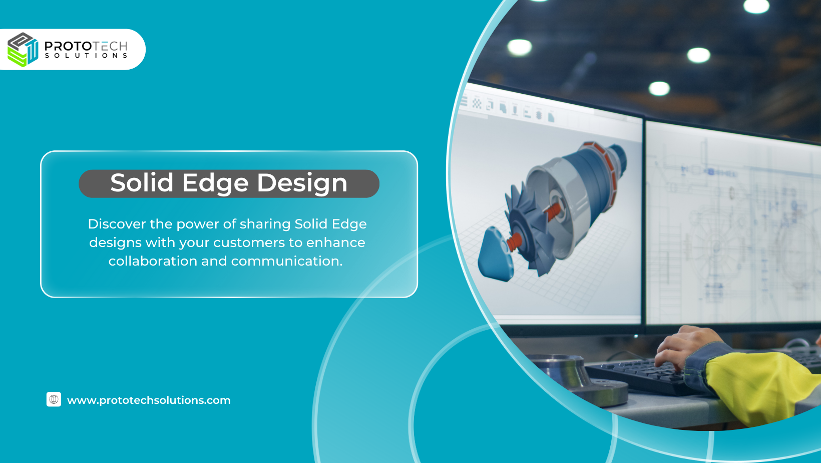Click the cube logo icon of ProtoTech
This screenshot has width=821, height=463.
(x=23, y=50)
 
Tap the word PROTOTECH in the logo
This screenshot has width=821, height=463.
(x=86, y=46)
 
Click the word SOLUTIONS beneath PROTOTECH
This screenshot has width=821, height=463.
(x=86, y=56)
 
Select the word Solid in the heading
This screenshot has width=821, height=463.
(x=142, y=182)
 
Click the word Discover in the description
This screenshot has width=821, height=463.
(x=117, y=224)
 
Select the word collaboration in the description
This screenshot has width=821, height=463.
(x=153, y=261)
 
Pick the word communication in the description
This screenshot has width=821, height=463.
(x=287, y=261)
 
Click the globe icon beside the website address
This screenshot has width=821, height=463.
(x=54, y=399)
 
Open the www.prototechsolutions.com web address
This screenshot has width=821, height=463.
(x=149, y=400)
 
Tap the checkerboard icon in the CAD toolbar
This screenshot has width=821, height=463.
(x=477, y=104)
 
